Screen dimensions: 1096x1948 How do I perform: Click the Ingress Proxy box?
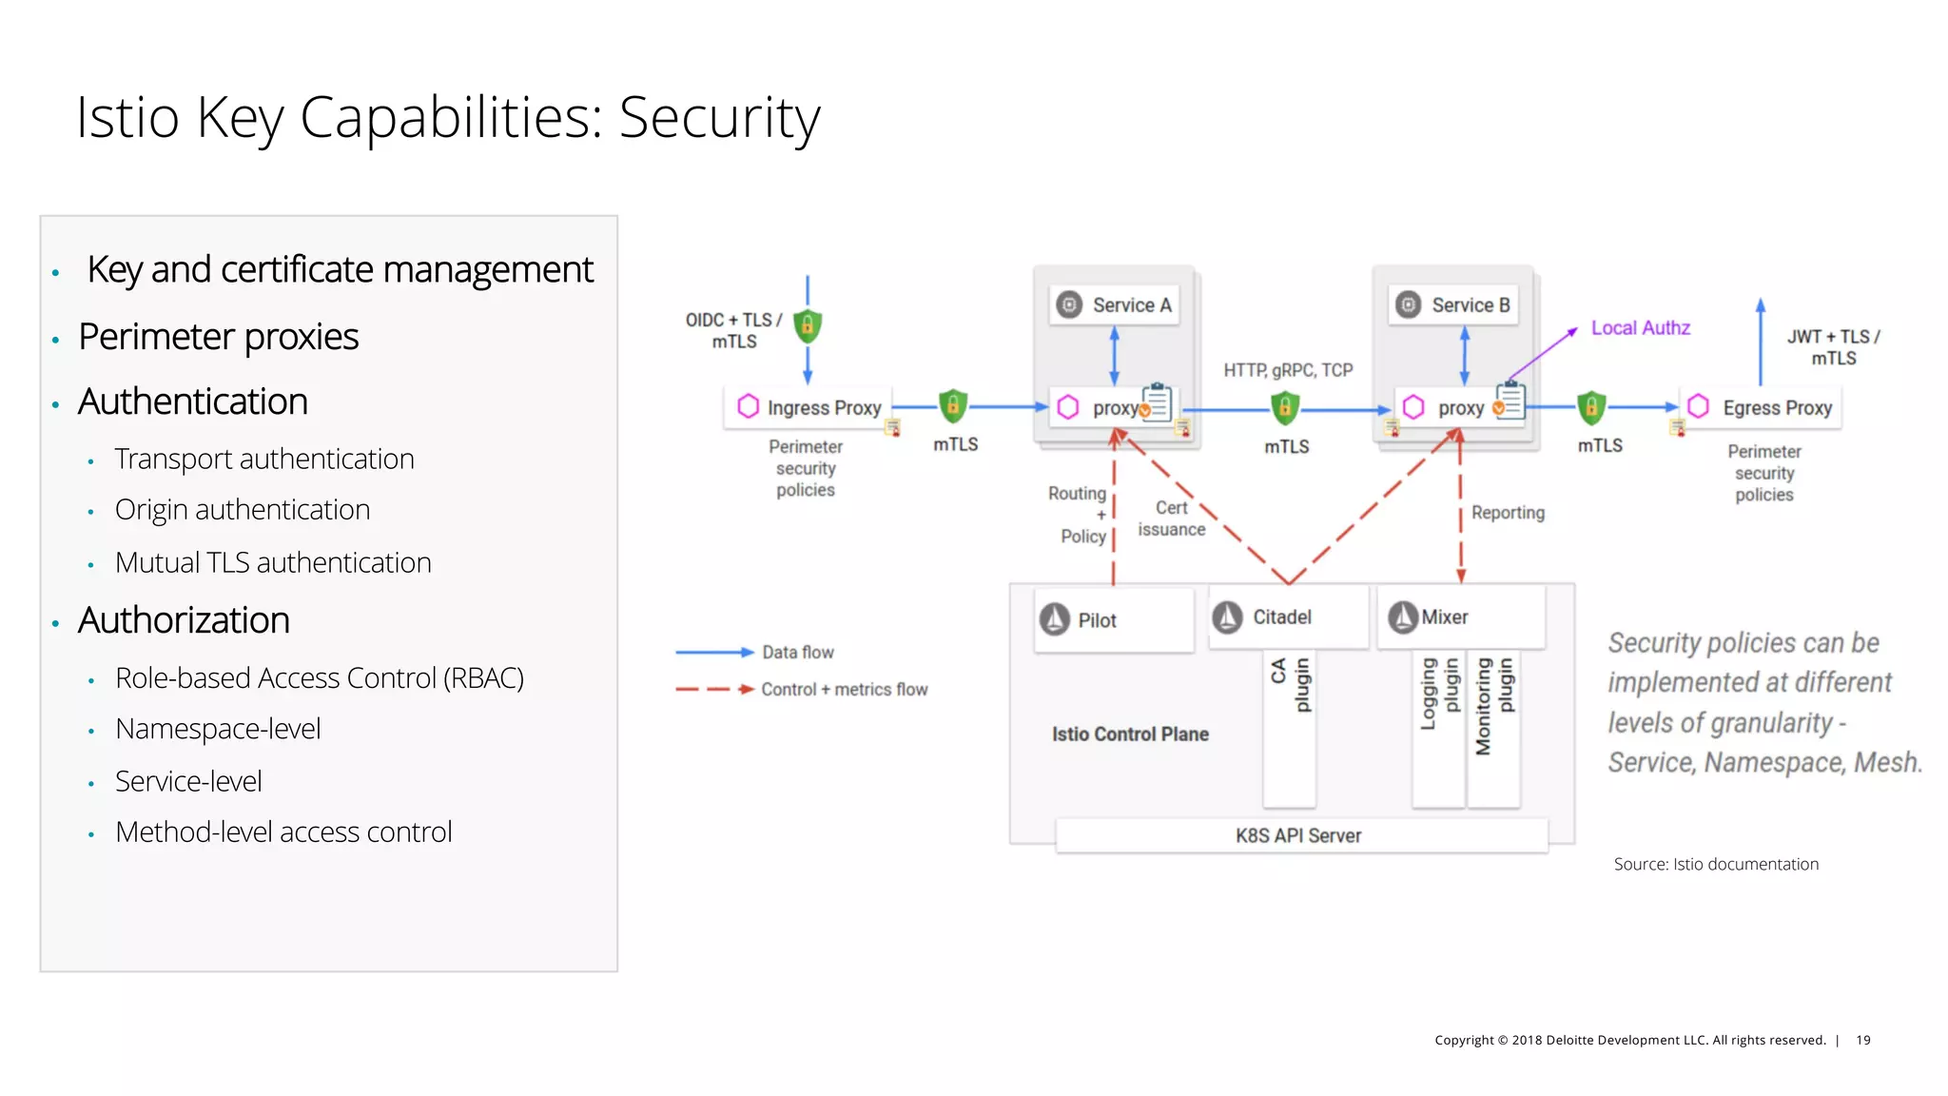(x=808, y=407)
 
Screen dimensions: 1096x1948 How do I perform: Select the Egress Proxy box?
(x=1762, y=407)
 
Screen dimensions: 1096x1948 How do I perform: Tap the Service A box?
(x=1115, y=305)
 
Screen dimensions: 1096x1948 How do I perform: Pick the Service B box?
(x=1454, y=305)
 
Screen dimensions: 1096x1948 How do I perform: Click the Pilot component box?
(x=1113, y=620)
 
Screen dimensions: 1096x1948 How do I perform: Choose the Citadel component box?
(x=1286, y=617)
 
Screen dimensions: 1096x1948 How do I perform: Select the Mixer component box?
(x=1460, y=617)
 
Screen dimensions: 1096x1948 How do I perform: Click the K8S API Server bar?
(x=1299, y=835)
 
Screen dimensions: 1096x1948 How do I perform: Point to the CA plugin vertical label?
(x=1290, y=685)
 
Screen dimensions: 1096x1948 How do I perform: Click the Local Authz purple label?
(x=1640, y=328)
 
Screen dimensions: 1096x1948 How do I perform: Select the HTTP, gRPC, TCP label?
(x=1287, y=370)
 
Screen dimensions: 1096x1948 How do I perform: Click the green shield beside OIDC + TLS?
(x=808, y=326)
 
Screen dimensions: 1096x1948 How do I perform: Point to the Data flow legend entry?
(x=797, y=653)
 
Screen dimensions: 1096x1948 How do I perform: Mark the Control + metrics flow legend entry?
(x=844, y=690)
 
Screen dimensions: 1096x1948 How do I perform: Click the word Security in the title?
(x=719, y=119)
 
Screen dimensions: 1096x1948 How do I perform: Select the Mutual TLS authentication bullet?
(x=273, y=563)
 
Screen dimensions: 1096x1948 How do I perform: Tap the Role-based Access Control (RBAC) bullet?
(x=320, y=678)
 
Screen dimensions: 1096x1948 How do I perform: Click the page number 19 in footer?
(x=1862, y=1040)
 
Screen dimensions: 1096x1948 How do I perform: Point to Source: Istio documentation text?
(x=1715, y=864)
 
